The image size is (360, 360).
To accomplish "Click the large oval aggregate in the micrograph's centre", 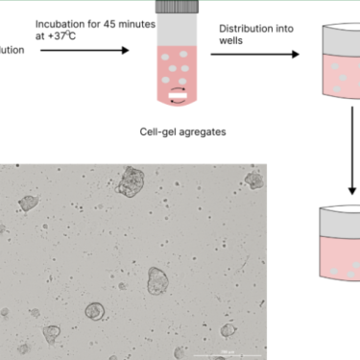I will coord(156,280).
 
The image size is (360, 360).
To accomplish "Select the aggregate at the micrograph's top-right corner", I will coord(253,179).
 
